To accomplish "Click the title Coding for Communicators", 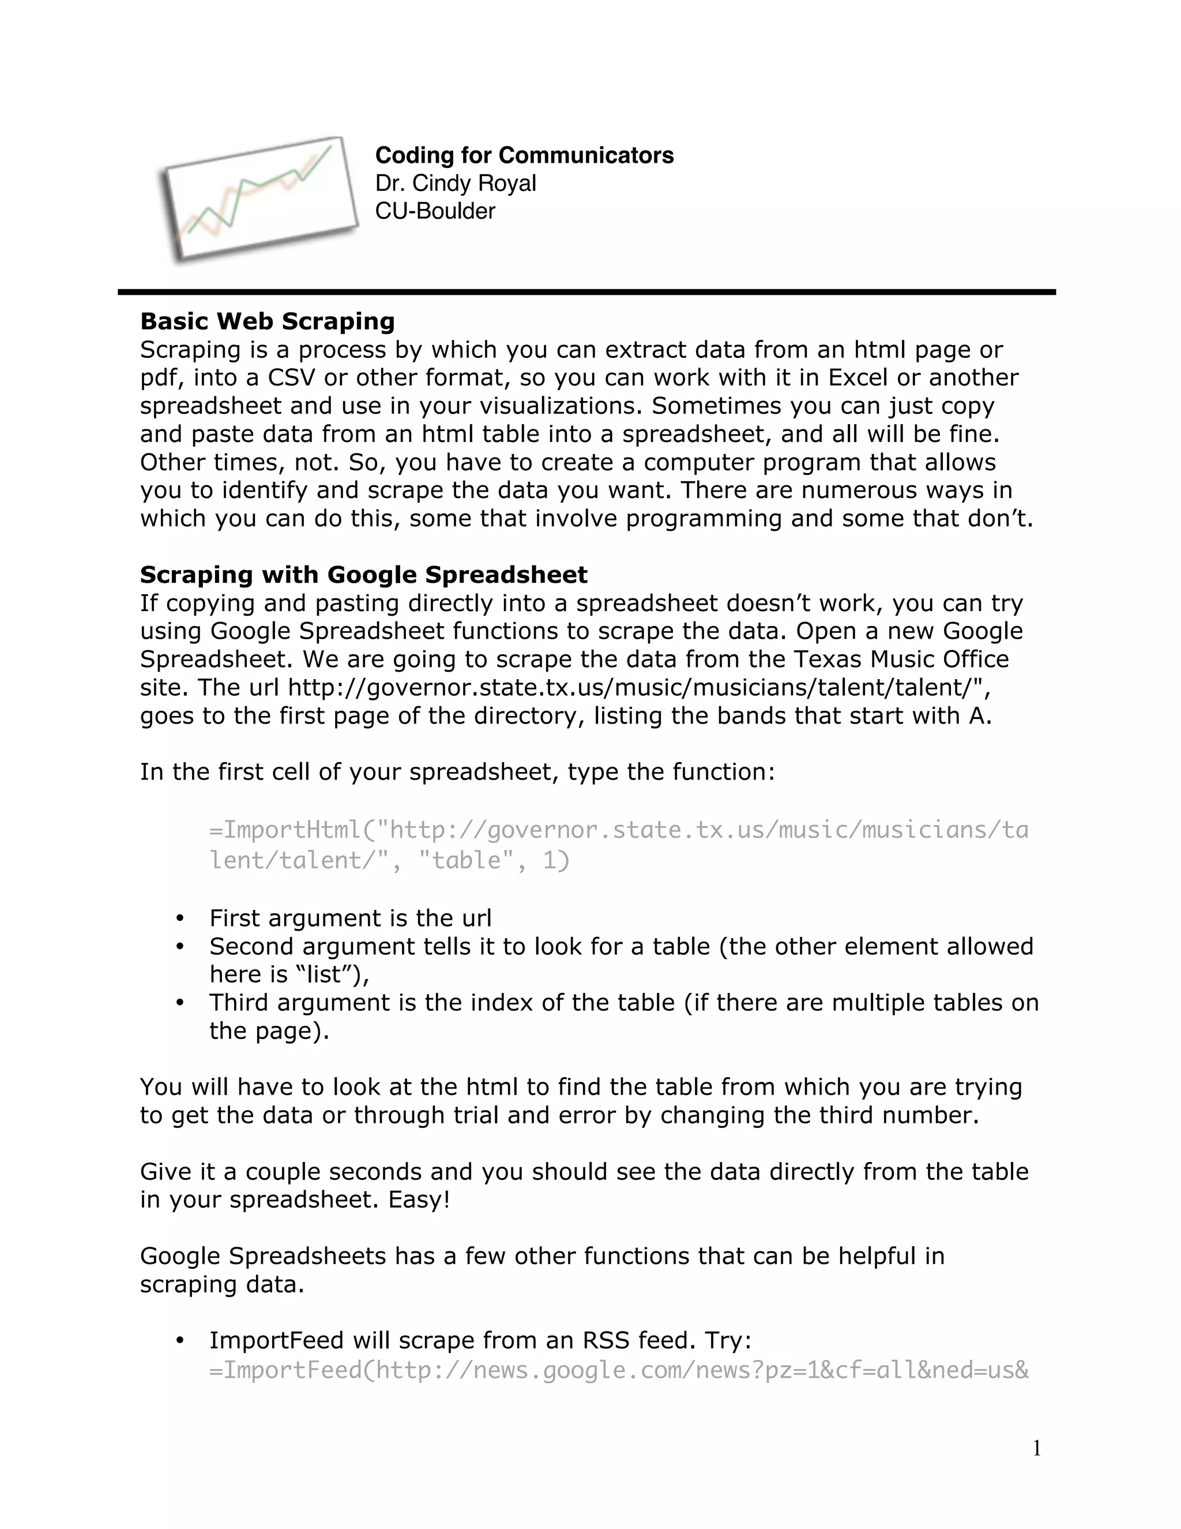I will click(524, 155).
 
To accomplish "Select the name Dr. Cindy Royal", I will click(456, 183).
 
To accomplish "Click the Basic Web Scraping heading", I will click(267, 321).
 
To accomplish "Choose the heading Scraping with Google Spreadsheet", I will click(363, 575).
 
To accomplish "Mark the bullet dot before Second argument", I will click(180, 946).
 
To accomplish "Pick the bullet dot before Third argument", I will click(180, 1003).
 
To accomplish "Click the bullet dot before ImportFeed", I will click(180, 1340).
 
